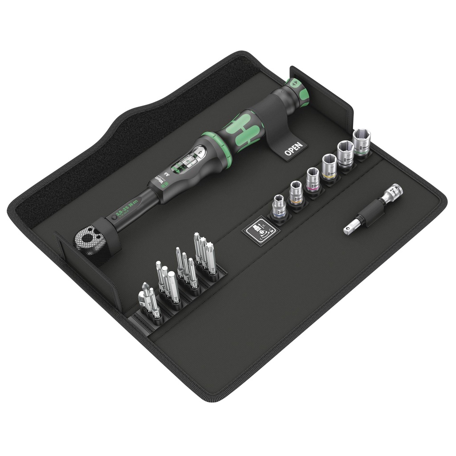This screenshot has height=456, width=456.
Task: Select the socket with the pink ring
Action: coord(313,179)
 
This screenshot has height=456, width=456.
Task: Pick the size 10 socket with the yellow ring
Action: coord(329,167)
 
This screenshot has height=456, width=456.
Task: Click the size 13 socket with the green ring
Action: coord(362,142)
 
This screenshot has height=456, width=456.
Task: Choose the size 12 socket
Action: coord(345,154)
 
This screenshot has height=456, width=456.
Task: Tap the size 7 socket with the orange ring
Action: coord(296,193)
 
